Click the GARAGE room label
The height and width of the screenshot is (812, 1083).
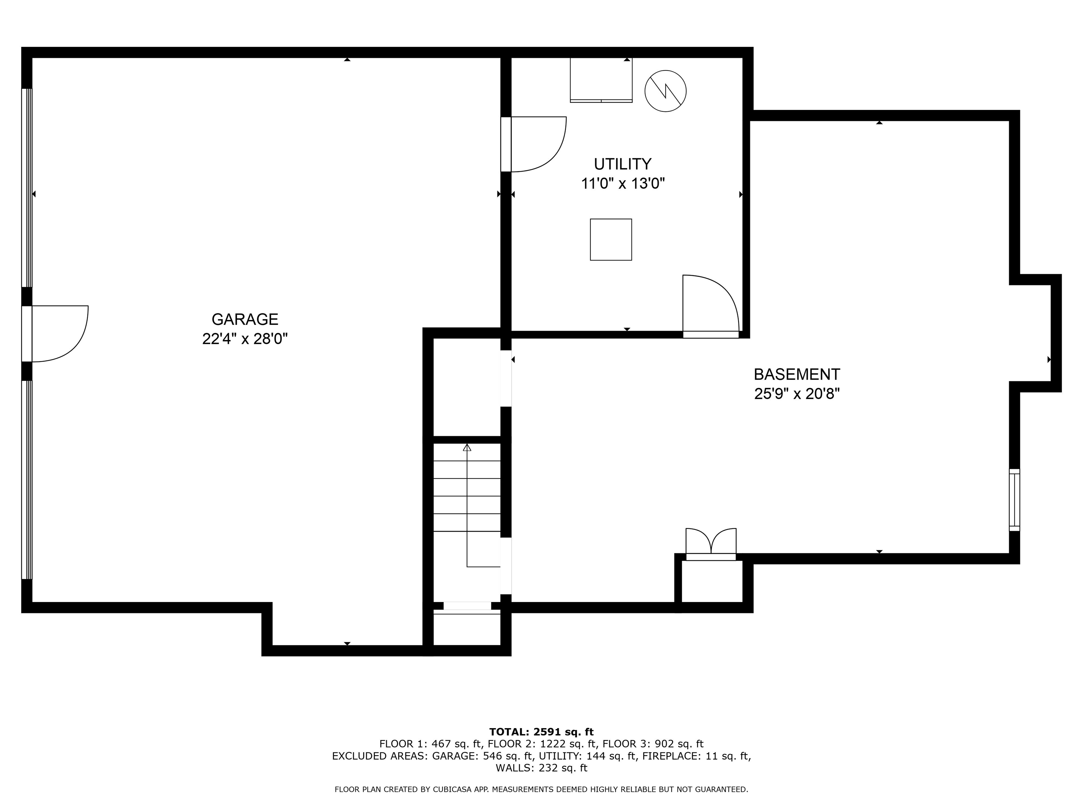click(245, 319)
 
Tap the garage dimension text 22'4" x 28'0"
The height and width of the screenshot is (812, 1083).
click(245, 339)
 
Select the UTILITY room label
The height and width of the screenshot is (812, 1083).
click(622, 164)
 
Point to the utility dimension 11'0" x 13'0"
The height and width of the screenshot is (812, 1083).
click(622, 184)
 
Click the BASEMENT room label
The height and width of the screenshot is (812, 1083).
click(797, 374)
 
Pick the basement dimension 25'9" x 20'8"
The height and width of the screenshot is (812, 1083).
click(797, 394)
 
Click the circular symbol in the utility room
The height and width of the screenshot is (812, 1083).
click(665, 91)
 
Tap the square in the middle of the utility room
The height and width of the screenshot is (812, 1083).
click(611, 239)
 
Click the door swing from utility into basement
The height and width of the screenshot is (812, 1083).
click(710, 303)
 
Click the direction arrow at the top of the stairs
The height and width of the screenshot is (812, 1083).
click(467, 447)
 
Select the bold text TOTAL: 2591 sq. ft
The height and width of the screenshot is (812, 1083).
click(541, 732)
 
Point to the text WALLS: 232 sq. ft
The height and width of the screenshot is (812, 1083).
click(541, 768)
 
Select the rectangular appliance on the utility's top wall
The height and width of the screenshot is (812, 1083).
click(601, 80)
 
